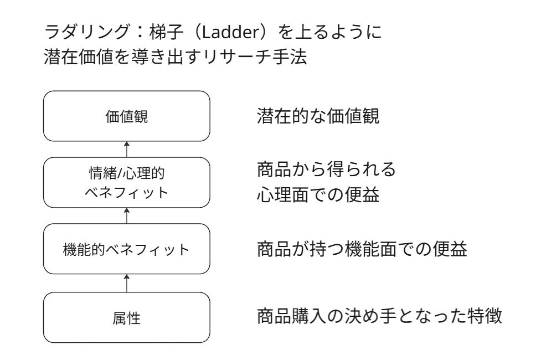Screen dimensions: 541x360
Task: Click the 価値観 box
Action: click(x=127, y=116)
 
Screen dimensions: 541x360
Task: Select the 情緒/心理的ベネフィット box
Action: click(x=127, y=182)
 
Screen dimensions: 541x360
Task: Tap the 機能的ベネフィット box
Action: click(x=127, y=249)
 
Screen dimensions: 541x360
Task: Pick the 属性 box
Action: click(x=127, y=317)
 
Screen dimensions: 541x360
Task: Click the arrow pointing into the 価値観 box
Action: click(x=127, y=149)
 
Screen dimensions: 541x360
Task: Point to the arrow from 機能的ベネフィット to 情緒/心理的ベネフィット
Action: click(x=127, y=215)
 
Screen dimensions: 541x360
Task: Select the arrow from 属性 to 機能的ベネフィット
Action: click(x=127, y=283)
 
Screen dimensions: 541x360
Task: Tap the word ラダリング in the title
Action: click(x=86, y=32)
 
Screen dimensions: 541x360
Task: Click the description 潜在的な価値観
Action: click(x=318, y=116)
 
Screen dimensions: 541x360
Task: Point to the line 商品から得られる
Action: click(x=326, y=169)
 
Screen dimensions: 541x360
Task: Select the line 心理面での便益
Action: click(x=318, y=194)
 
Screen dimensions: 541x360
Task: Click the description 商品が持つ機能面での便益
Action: click(x=362, y=249)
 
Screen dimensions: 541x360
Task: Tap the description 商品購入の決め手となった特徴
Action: click(x=379, y=316)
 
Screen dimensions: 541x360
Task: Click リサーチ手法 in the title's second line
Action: click(x=254, y=56)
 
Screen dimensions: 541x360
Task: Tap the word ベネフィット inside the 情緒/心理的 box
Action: click(x=127, y=193)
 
